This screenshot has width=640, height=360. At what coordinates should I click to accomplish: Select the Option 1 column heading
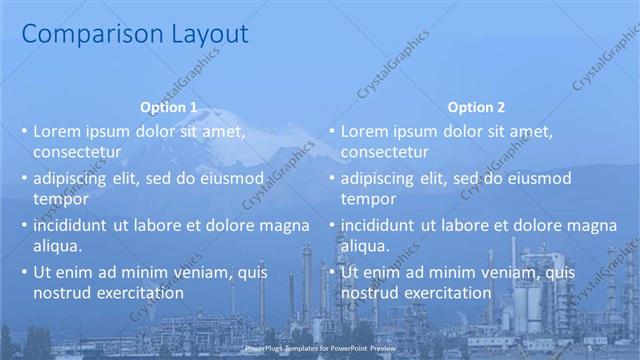tap(169, 107)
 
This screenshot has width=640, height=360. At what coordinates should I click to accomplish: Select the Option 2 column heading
tap(476, 107)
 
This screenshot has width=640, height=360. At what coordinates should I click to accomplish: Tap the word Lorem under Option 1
tap(57, 131)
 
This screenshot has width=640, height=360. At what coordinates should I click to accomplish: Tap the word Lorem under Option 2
tap(364, 131)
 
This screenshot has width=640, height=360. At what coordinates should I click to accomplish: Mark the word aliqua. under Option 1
tap(57, 245)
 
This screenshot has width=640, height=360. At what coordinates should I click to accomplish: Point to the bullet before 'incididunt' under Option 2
tap(332, 225)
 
